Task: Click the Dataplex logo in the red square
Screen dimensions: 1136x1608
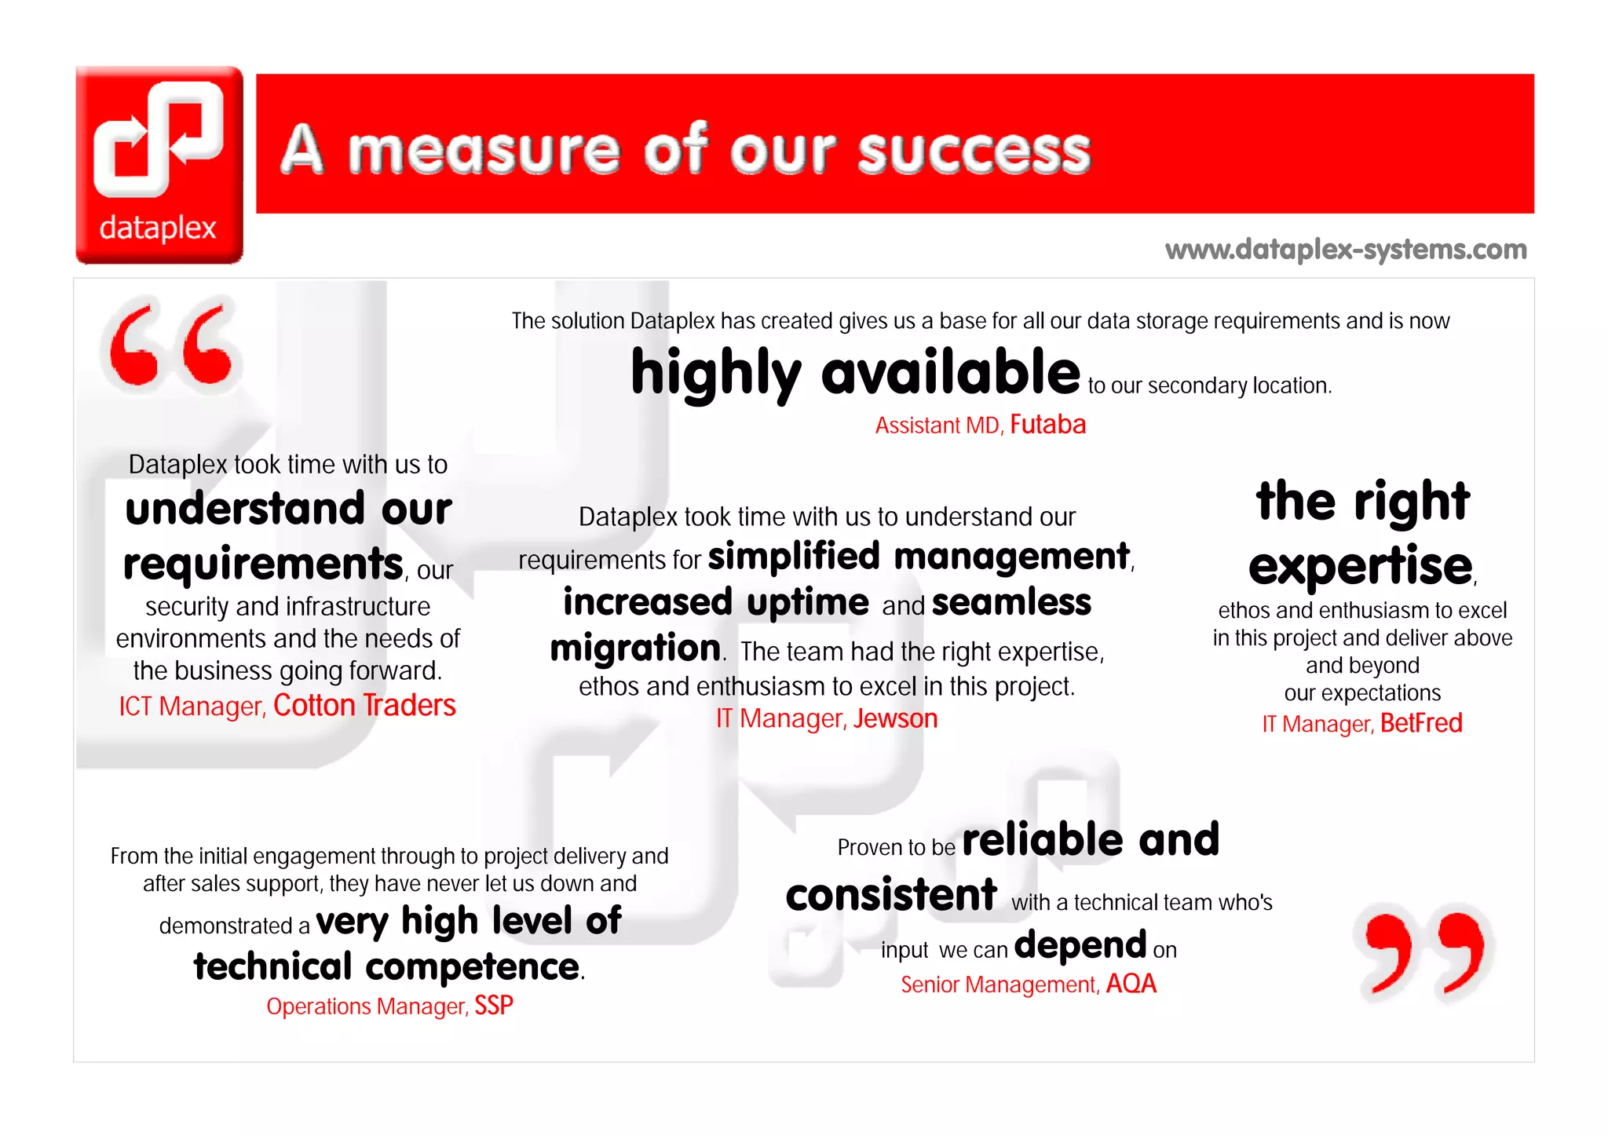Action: tap(159, 163)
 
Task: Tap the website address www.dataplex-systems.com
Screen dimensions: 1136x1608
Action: tap(1346, 250)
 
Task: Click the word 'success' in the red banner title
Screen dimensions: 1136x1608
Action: tap(974, 151)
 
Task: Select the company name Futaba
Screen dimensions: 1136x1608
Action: tap(1047, 425)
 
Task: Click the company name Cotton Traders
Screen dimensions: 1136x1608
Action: tap(364, 706)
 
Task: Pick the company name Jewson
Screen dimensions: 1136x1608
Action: tap(895, 718)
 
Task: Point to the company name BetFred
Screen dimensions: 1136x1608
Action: tap(1421, 723)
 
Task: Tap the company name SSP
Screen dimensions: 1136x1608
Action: tap(494, 1006)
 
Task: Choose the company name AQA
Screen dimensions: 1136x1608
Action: tap(1131, 984)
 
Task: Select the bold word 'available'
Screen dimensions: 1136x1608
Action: tap(950, 373)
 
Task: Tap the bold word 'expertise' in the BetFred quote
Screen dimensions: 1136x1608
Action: tap(1360, 566)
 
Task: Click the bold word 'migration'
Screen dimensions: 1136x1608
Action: tap(634, 649)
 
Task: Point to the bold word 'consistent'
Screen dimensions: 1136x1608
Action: tap(891, 896)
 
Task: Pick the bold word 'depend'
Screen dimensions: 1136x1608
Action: tap(1080, 946)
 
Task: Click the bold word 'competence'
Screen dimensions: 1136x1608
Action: tap(473, 967)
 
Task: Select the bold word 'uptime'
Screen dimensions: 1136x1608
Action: tap(808, 603)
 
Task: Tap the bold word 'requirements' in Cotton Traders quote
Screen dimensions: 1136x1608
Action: tap(263, 564)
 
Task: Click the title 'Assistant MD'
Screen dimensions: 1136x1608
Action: tap(937, 426)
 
